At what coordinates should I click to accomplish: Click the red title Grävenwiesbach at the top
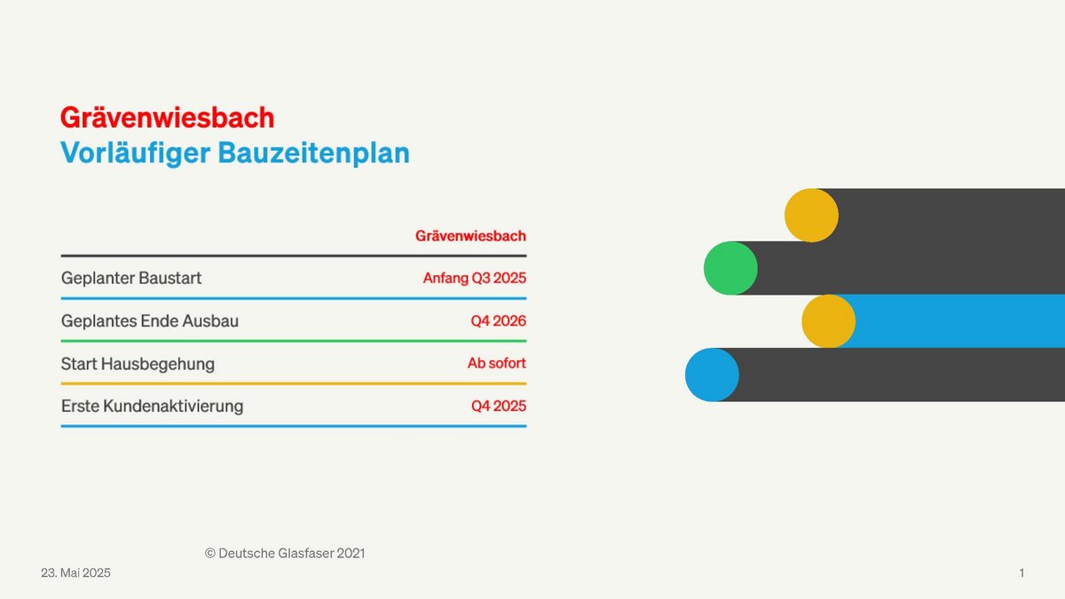pos(168,117)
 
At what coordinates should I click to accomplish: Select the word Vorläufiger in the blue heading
pos(136,154)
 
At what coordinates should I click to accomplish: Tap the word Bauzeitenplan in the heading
pos(314,154)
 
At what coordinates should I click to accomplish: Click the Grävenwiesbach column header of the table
pos(470,236)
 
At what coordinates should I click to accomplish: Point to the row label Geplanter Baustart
pos(131,278)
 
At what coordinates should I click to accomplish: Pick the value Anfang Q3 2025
pos(475,278)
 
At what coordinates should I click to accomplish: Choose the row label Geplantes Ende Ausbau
pos(150,321)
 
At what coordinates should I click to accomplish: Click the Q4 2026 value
pos(498,321)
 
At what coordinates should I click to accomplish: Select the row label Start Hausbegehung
pos(138,364)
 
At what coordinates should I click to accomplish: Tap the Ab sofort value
pos(497,363)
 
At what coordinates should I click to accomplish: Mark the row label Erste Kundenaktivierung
pos(152,406)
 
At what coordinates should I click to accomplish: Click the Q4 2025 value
pos(499,406)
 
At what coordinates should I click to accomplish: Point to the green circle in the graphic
pos(730,268)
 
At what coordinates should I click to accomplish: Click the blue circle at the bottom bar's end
pos(712,374)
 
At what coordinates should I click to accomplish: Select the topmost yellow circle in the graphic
pos(811,216)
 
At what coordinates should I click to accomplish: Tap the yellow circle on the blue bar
pos(829,321)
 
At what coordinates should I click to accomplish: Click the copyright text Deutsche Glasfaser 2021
pos(285,554)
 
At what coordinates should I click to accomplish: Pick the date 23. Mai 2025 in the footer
pos(75,573)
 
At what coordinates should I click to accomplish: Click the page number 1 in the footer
pos(1022,573)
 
